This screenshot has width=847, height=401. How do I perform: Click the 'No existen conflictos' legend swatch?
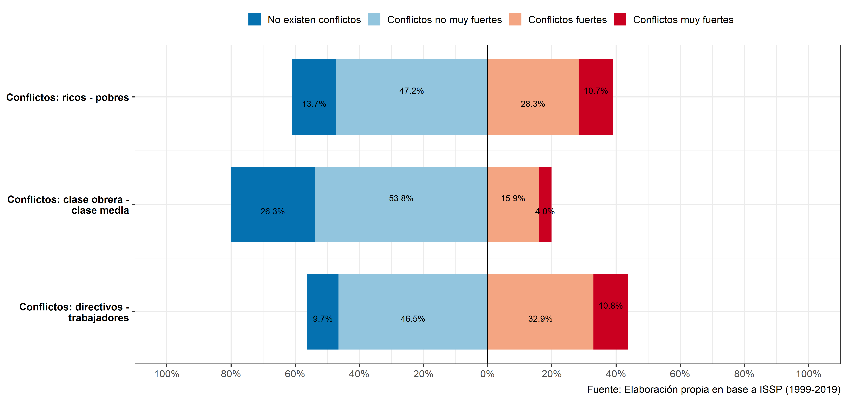(x=254, y=19)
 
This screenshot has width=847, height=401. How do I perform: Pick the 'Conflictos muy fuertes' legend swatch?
(x=620, y=19)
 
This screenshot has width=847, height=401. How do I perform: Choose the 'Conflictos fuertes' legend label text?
(x=567, y=20)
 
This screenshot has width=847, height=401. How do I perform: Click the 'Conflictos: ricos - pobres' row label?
(x=67, y=97)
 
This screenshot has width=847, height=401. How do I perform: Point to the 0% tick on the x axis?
(x=487, y=374)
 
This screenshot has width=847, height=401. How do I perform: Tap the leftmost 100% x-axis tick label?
(x=167, y=374)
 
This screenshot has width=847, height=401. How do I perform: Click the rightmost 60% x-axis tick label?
(x=680, y=374)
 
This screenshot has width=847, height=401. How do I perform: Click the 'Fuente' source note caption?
(x=714, y=390)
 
